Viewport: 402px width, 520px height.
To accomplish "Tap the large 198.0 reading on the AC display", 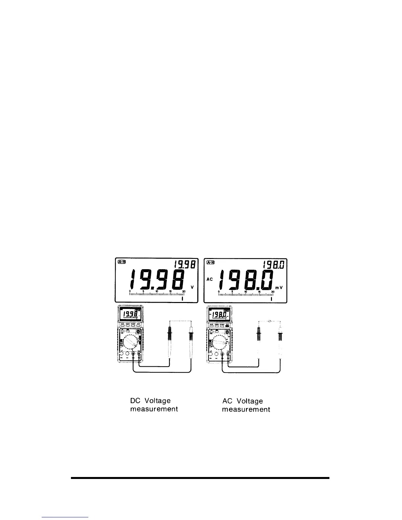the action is tap(247, 280).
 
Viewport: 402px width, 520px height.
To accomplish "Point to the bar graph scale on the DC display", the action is tap(156, 294).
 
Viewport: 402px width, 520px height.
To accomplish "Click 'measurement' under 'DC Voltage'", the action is tap(154, 409).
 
